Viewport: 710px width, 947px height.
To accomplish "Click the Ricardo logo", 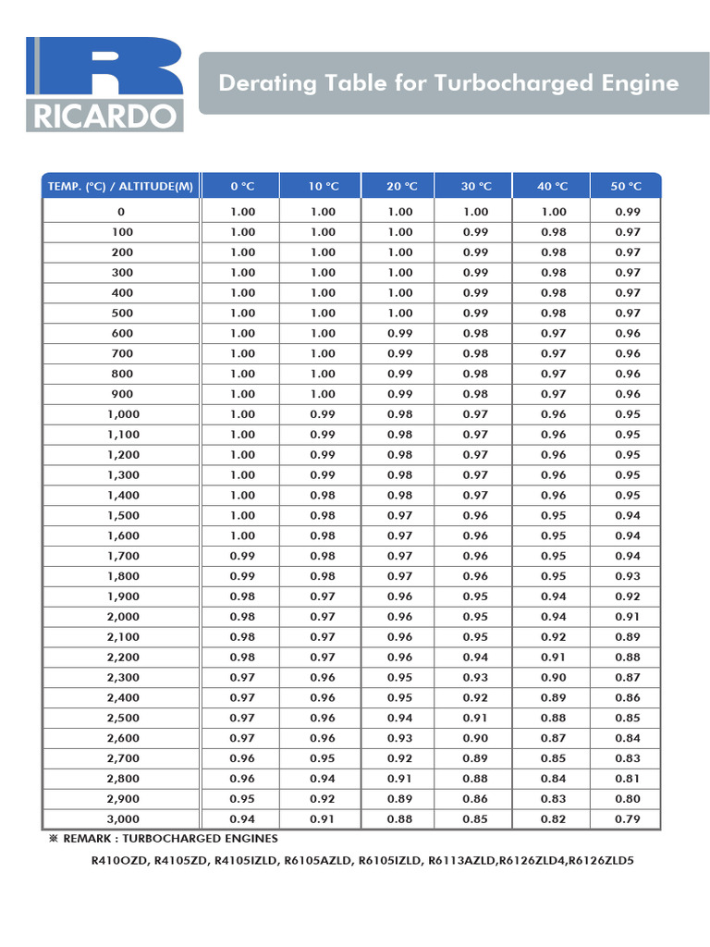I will (104, 84).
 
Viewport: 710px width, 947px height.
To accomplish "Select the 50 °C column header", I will (626, 186).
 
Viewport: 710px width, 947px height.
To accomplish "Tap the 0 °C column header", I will (242, 186).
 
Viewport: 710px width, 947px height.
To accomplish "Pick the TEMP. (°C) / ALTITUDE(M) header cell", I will (120, 186).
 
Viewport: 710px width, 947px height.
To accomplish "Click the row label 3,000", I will (123, 818).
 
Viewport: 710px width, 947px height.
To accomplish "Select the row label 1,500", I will (123, 515).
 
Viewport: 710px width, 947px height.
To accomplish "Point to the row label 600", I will (122, 333).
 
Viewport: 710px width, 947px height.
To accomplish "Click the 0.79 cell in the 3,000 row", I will (627, 818).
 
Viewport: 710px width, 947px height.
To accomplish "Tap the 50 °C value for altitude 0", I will (627, 212).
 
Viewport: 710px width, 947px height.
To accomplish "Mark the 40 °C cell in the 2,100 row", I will (553, 636).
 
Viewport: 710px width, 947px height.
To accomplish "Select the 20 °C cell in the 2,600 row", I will (400, 738).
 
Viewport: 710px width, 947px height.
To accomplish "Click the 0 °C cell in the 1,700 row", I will (242, 556).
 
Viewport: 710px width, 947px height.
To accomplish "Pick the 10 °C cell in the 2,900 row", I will (323, 798).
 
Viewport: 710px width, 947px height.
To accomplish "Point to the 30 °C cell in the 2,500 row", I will (475, 718).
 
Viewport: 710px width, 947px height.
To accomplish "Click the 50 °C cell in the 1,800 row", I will (627, 576).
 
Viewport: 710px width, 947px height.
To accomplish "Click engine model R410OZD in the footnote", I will (120, 862).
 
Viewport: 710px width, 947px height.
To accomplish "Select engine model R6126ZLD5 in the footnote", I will (601, 862).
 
